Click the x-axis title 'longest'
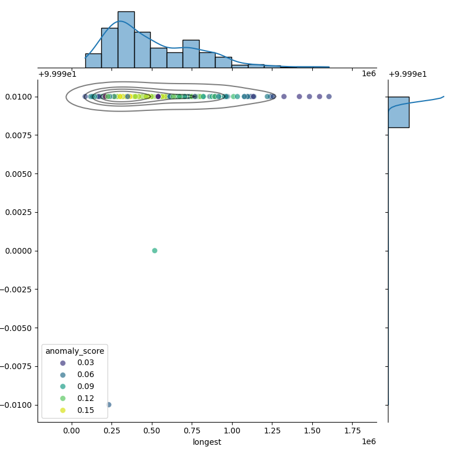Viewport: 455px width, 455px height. (207, 442)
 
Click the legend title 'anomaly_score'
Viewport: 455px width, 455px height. (75, 351)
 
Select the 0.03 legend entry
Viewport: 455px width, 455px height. (86, 363)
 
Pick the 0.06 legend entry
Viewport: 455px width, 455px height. (86, 375)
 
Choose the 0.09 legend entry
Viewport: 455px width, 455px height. (86, 387)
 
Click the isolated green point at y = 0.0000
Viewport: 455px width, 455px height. (155, 251)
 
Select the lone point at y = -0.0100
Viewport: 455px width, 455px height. (109, 405)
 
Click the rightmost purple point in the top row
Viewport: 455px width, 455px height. (329, 97)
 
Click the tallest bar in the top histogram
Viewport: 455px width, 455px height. (126, 40)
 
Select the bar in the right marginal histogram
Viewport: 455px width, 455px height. (398, 112)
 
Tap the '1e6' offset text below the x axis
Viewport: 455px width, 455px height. (369, 442)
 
